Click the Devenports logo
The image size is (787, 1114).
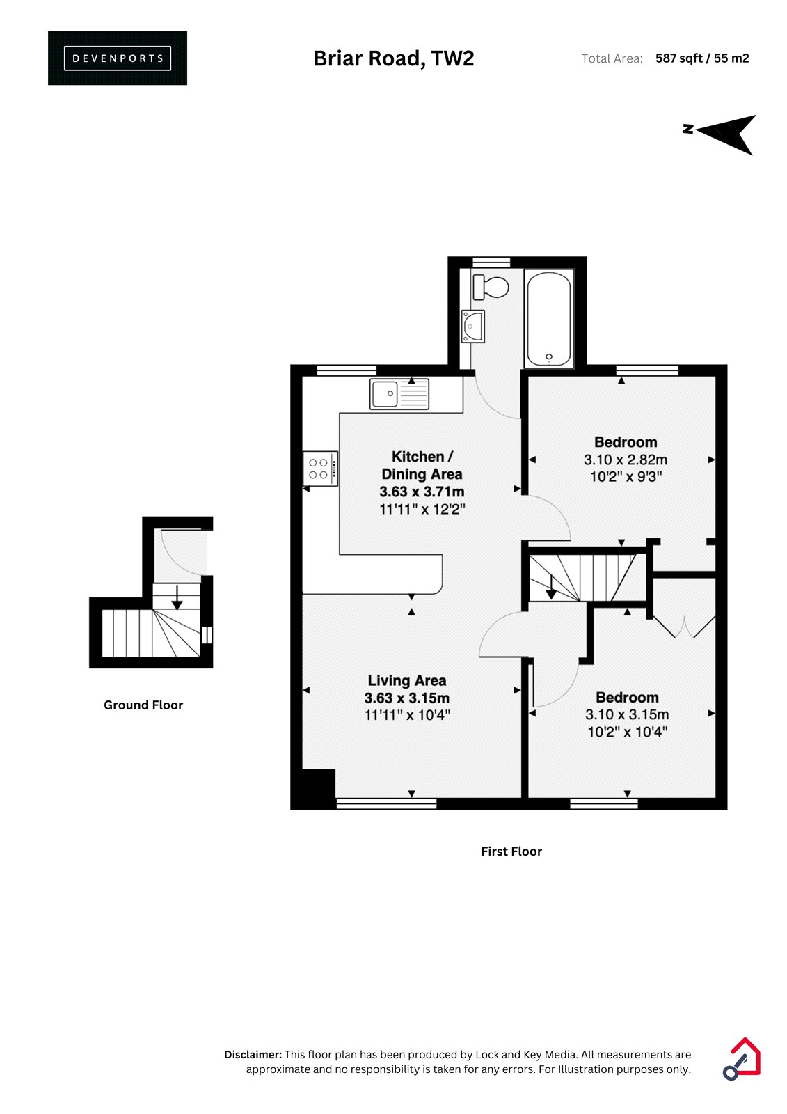118,58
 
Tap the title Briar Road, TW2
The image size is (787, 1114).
393,58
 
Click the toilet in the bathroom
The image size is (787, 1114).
491,287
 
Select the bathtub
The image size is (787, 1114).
549,318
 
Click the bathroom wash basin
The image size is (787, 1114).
472,327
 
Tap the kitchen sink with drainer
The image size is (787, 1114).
399,393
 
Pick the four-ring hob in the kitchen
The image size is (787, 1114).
321,468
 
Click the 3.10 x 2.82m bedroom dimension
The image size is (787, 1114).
626,460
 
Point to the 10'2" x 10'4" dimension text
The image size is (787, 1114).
627,732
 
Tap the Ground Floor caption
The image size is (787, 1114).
143,705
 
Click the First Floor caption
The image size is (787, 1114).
511,851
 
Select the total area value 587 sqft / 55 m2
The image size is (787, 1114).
702,58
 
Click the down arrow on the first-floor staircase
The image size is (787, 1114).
551,587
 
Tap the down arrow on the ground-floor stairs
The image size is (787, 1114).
177,597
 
